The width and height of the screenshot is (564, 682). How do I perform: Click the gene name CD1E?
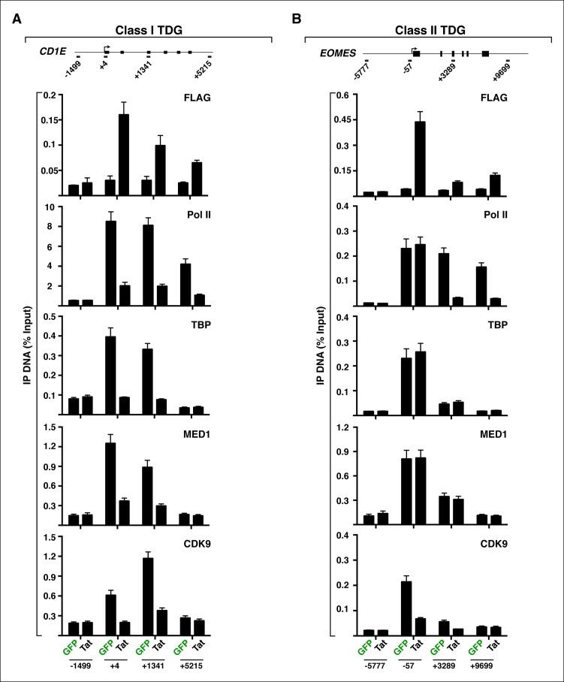tap(51, 52)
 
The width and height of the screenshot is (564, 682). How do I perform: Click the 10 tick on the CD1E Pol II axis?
tap(52, 207)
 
